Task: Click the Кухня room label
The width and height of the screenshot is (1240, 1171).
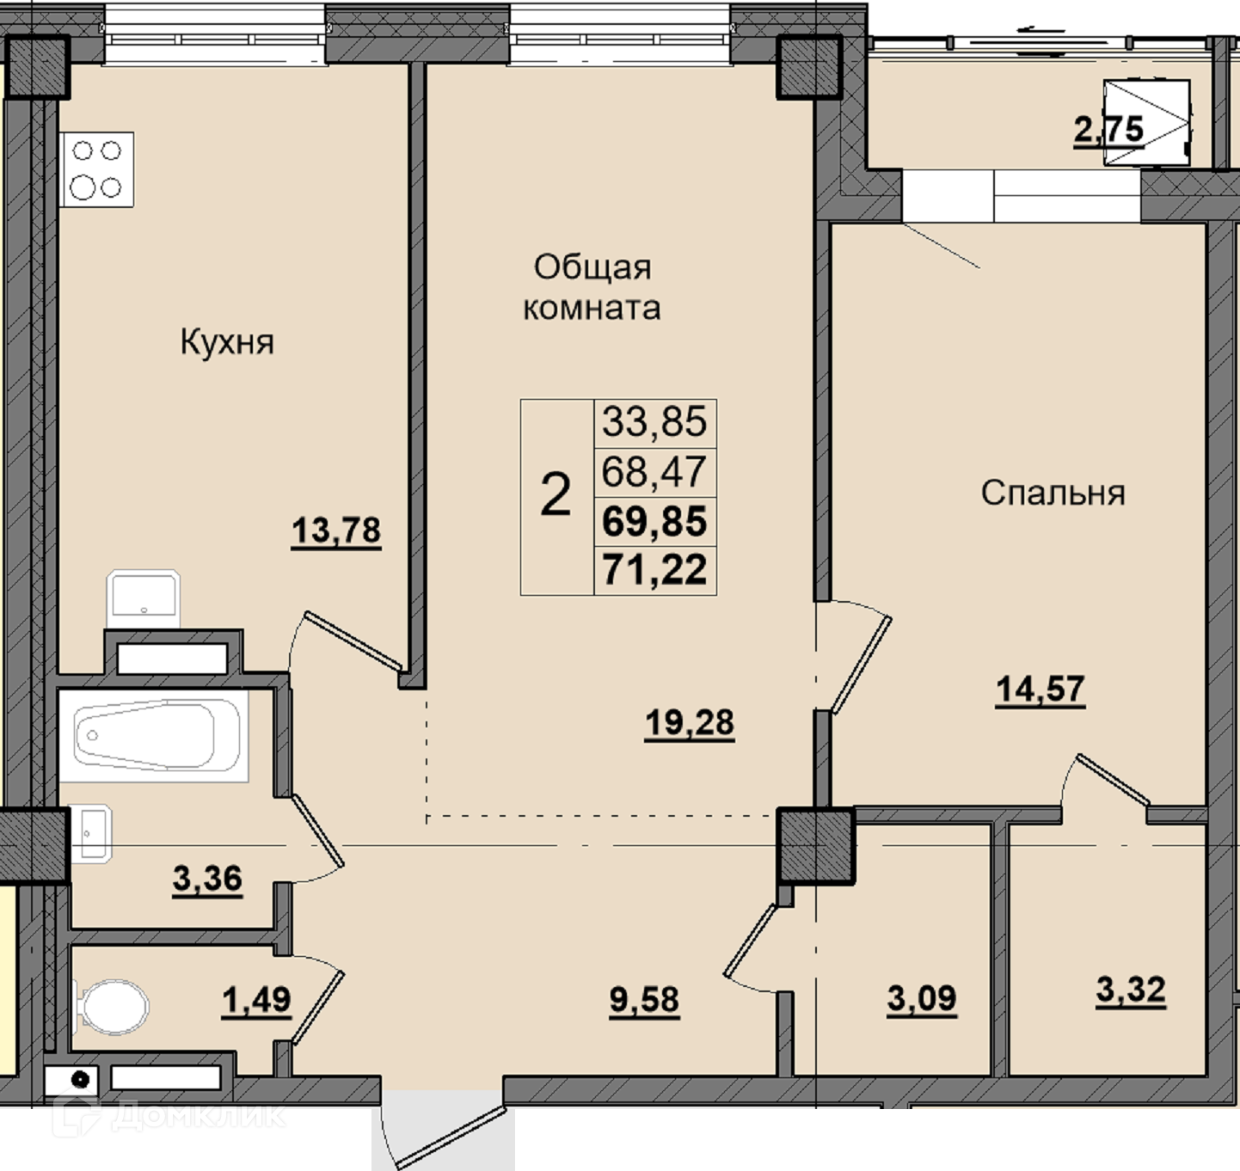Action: (x=227, y=343)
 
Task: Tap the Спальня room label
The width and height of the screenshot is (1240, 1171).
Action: (x=1053, y=494)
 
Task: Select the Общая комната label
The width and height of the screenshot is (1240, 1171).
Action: (x=592, y=287)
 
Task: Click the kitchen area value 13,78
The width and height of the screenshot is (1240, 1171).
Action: (x=336, y=531)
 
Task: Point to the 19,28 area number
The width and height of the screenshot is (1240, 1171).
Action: (x=690, y=724)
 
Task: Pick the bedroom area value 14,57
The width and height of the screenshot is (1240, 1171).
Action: (x=1040, y=690)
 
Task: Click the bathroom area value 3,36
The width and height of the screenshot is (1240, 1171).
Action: (x=207, y=880)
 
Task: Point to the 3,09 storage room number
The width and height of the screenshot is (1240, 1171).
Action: (x=922, y=999)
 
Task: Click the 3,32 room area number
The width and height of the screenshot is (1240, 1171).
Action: (x=1131, y=990)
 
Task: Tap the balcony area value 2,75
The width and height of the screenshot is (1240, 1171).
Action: (x=1109, y=131)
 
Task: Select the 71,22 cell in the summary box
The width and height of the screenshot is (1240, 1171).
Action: (x=654, y=570)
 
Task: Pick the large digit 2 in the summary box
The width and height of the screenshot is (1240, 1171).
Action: (x=556, y=494)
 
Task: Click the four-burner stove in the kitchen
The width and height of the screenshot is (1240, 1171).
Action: (x=97, y=169)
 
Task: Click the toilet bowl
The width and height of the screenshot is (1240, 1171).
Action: (x=113, y=1007)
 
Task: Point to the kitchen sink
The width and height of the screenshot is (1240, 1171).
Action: (x=143, y=598)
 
